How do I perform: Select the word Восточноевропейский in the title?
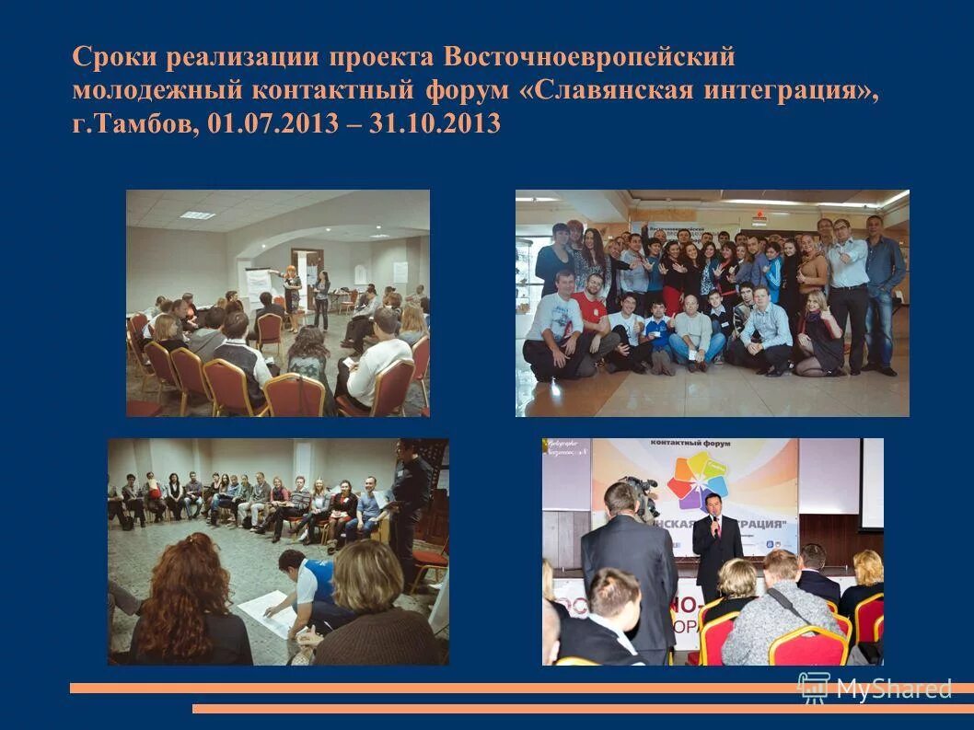590,57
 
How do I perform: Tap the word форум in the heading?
472,90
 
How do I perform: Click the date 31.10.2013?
435,124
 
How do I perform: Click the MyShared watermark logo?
875,688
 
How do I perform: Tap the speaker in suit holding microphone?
716,543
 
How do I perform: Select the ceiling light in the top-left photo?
197,215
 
